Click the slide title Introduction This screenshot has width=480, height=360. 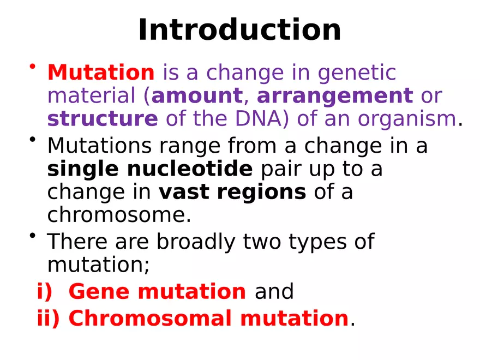coord(239,30)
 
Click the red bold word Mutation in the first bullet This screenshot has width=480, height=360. coord(101,73)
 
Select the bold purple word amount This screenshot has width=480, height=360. coord(197,96)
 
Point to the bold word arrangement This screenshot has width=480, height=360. coord(334,96)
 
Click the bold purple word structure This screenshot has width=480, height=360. coord(103,118)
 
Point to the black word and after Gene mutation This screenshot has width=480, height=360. coord(274,292)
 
